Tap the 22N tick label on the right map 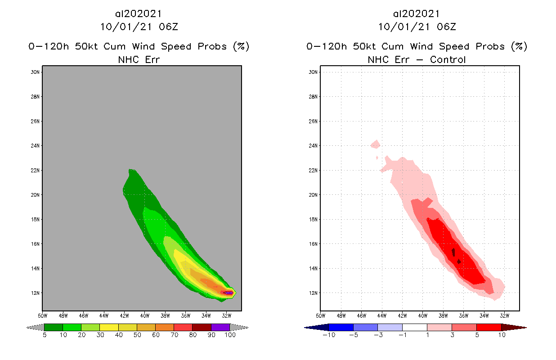coord(314,170)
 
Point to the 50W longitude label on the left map coord(43,315)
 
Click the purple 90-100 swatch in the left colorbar coord(220,327)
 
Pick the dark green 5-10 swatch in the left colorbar coord(54,327)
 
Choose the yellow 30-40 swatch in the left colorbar coord(109,327)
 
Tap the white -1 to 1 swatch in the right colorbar coord(414,327)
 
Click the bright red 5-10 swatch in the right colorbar coord(489,327)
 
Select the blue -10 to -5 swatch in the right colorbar coord(341,327)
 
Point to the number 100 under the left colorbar coord(230,335)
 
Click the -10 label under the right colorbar coord(329,335)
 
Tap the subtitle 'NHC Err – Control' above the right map coord(417,59)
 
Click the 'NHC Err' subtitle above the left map coord(139,59)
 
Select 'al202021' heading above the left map coord(139,14)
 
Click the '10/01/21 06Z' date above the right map coord(417,27)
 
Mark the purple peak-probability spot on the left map coord(229,293)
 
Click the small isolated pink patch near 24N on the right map coord(376,144)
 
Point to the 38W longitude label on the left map coord(165,315)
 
